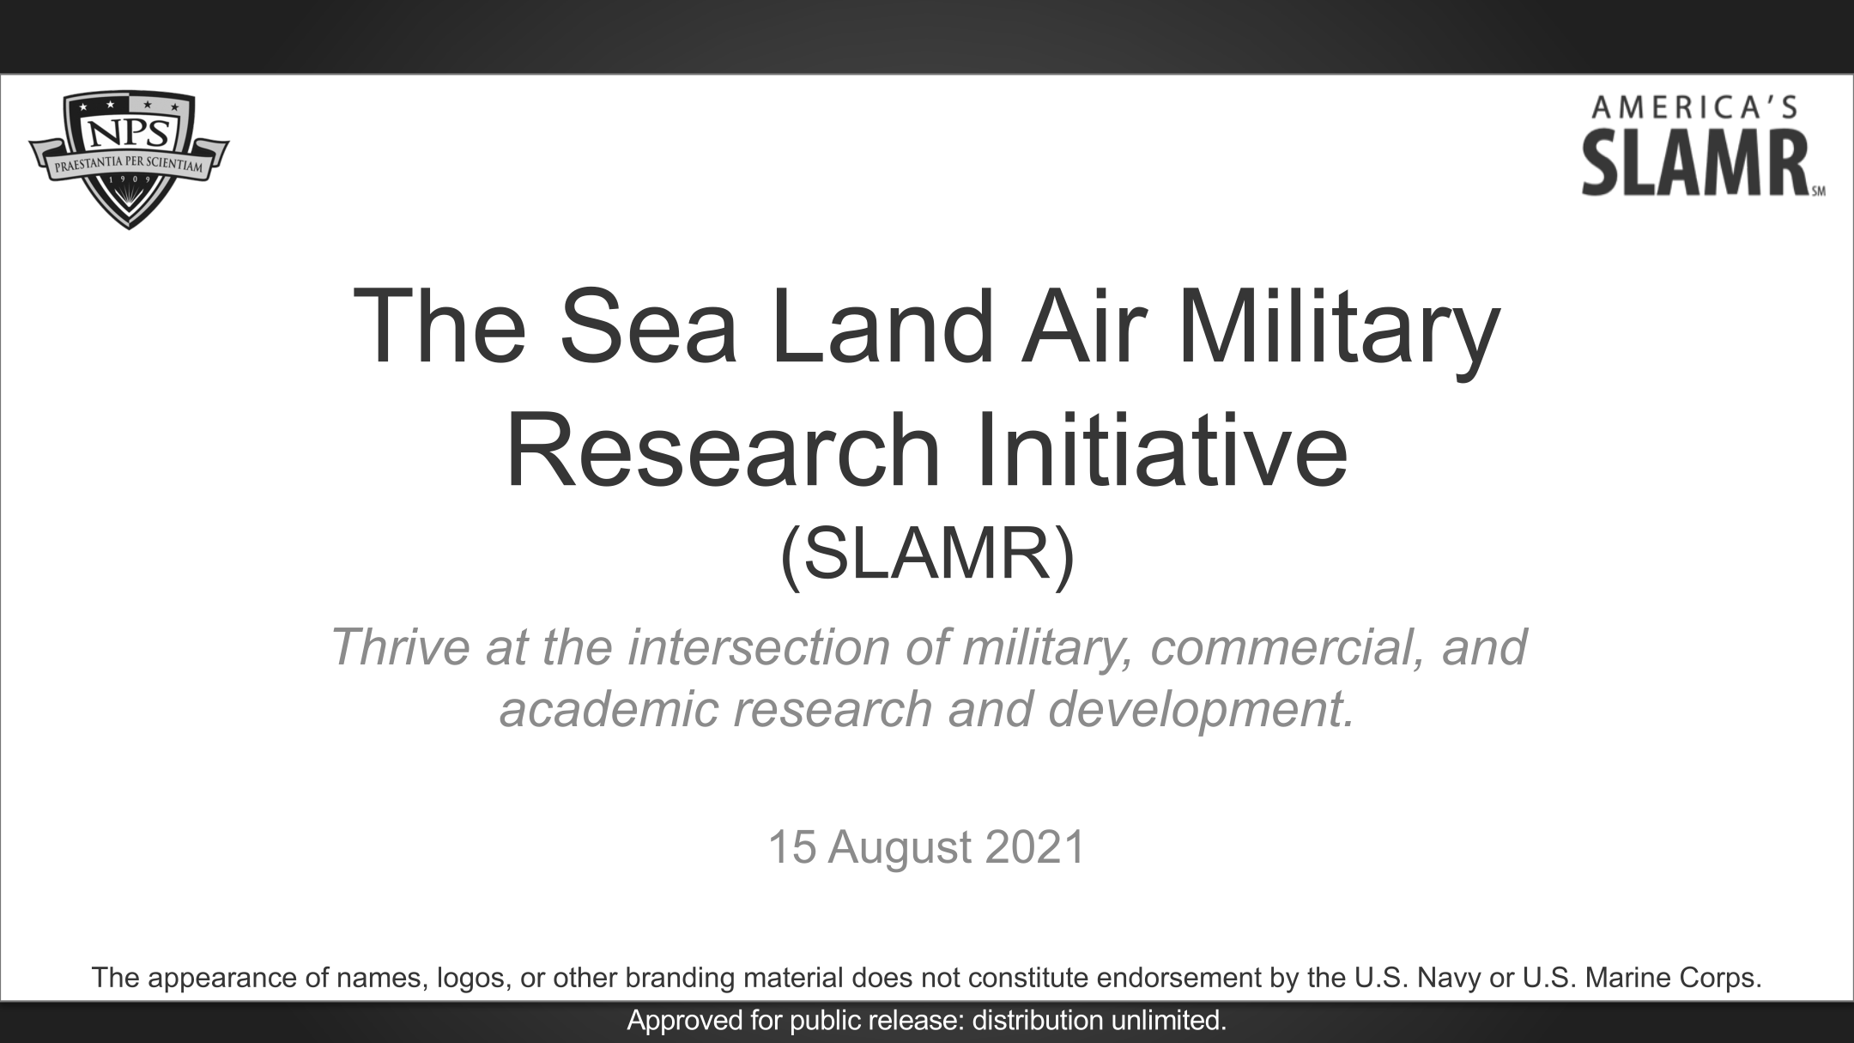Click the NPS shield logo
129,161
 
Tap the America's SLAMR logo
1704,147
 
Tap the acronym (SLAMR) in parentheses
927,556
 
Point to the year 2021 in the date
1035,847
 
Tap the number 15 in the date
791,847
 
